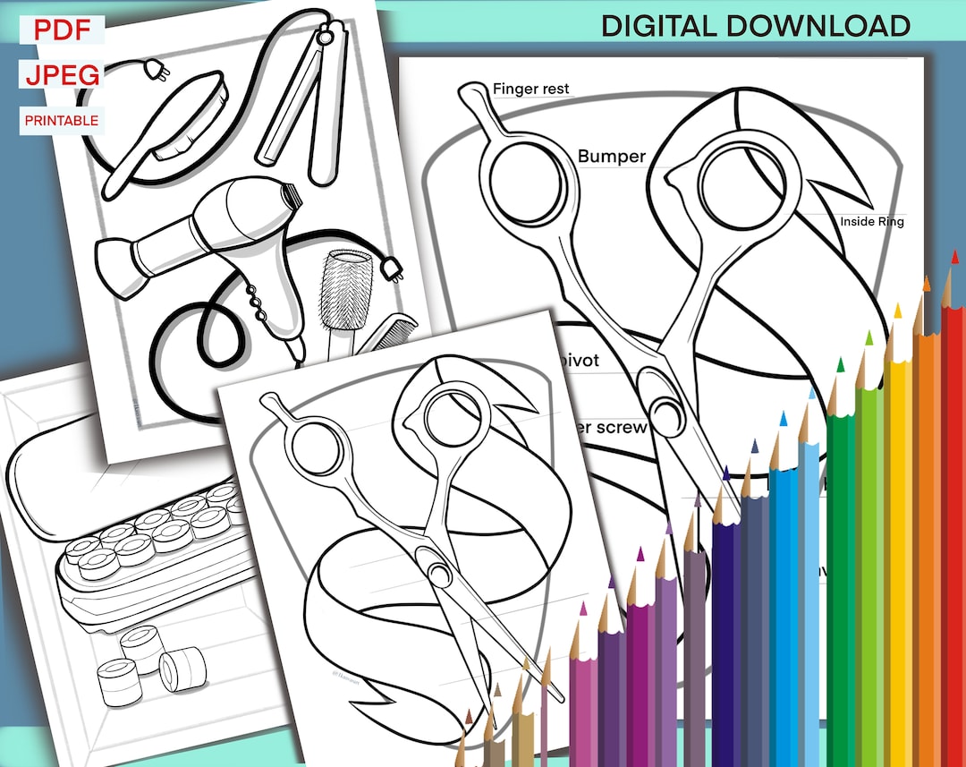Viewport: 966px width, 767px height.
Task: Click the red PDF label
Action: coord(62,30)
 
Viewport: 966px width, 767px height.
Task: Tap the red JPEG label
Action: coord(62,75)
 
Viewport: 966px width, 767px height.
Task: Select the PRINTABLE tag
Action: coord(62,120)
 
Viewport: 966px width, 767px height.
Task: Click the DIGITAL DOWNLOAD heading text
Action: coord(755,25)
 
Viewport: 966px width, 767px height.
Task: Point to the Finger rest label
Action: coord(530,89)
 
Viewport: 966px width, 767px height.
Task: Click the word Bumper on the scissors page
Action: coord(611,157)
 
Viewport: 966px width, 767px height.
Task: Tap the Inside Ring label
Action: coord(871,221)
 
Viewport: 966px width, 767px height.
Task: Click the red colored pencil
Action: coord(953,537)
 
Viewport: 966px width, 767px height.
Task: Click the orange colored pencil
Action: coord(925,546)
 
